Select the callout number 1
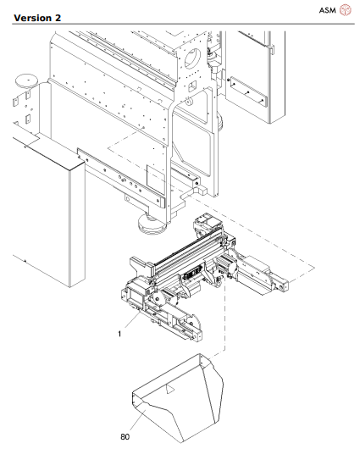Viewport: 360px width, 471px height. click(121, 334)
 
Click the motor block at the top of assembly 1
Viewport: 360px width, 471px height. click(207, 226)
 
